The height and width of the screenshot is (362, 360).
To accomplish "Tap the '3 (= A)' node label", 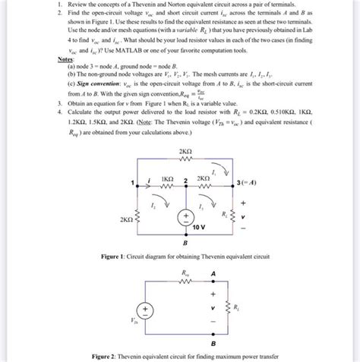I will point(243,183).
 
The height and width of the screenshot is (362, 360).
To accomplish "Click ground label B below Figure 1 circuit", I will point(185,245).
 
